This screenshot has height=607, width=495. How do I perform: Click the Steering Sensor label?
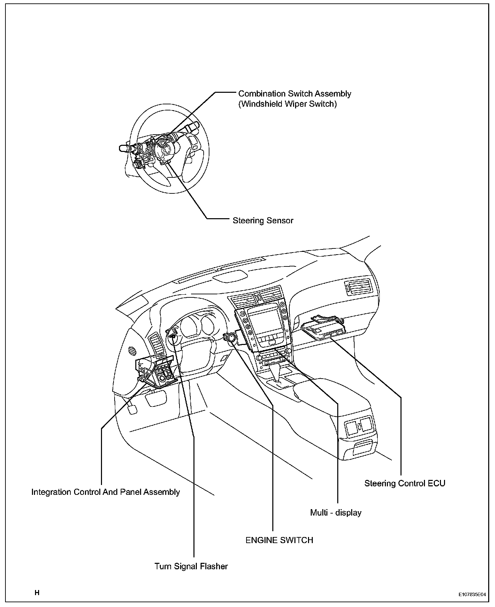(x=263, y=221)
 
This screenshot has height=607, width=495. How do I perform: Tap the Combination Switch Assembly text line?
(x=294, y=93)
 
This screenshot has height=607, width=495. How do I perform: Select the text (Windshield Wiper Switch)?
(x=287, y=104)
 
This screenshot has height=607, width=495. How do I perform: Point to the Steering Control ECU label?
(x=405, y=483)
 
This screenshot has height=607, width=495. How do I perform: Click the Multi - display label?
(x=336, y=513)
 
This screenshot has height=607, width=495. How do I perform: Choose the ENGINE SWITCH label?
(x=279, y=540)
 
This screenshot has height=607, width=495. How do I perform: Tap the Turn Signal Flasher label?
(x=191, y=566)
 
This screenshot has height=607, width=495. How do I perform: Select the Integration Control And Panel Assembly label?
(x=105, y=492)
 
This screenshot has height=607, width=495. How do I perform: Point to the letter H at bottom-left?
(x=37, y=593)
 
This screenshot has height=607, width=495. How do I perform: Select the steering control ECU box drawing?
(x=325, y=328)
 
